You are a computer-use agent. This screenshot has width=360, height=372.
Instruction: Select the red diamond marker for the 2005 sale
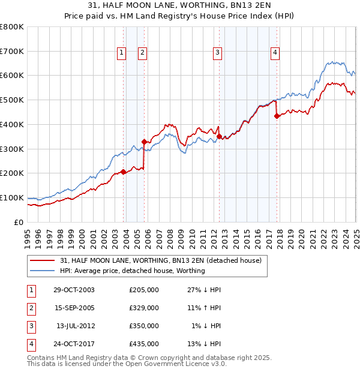tap(144, 142)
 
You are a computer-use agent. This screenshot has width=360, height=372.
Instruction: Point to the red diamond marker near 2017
tap(277, 116)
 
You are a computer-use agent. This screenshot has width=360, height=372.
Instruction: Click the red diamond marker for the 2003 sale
tap(124, 172)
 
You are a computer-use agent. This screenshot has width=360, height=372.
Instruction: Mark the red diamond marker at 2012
tap(219, 136)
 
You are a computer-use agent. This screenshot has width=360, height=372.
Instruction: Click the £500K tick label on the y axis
tap(12, 100)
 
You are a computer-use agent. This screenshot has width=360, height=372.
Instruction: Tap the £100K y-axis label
tap(12, 197)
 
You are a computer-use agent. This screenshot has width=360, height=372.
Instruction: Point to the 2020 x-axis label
tap(301, 235)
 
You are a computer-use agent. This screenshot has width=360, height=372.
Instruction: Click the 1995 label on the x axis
tap(28, 235)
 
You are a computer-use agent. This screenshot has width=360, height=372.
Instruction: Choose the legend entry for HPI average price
tap(132, 271)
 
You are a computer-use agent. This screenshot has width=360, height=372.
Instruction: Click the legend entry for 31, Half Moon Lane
tap(160, 260)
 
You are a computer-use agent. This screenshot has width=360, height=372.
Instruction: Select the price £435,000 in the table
tap(144, 344)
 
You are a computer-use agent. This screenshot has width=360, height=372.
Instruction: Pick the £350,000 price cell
tap(144, 326)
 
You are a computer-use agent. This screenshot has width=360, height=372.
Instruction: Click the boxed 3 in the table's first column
tap(30, 326)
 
